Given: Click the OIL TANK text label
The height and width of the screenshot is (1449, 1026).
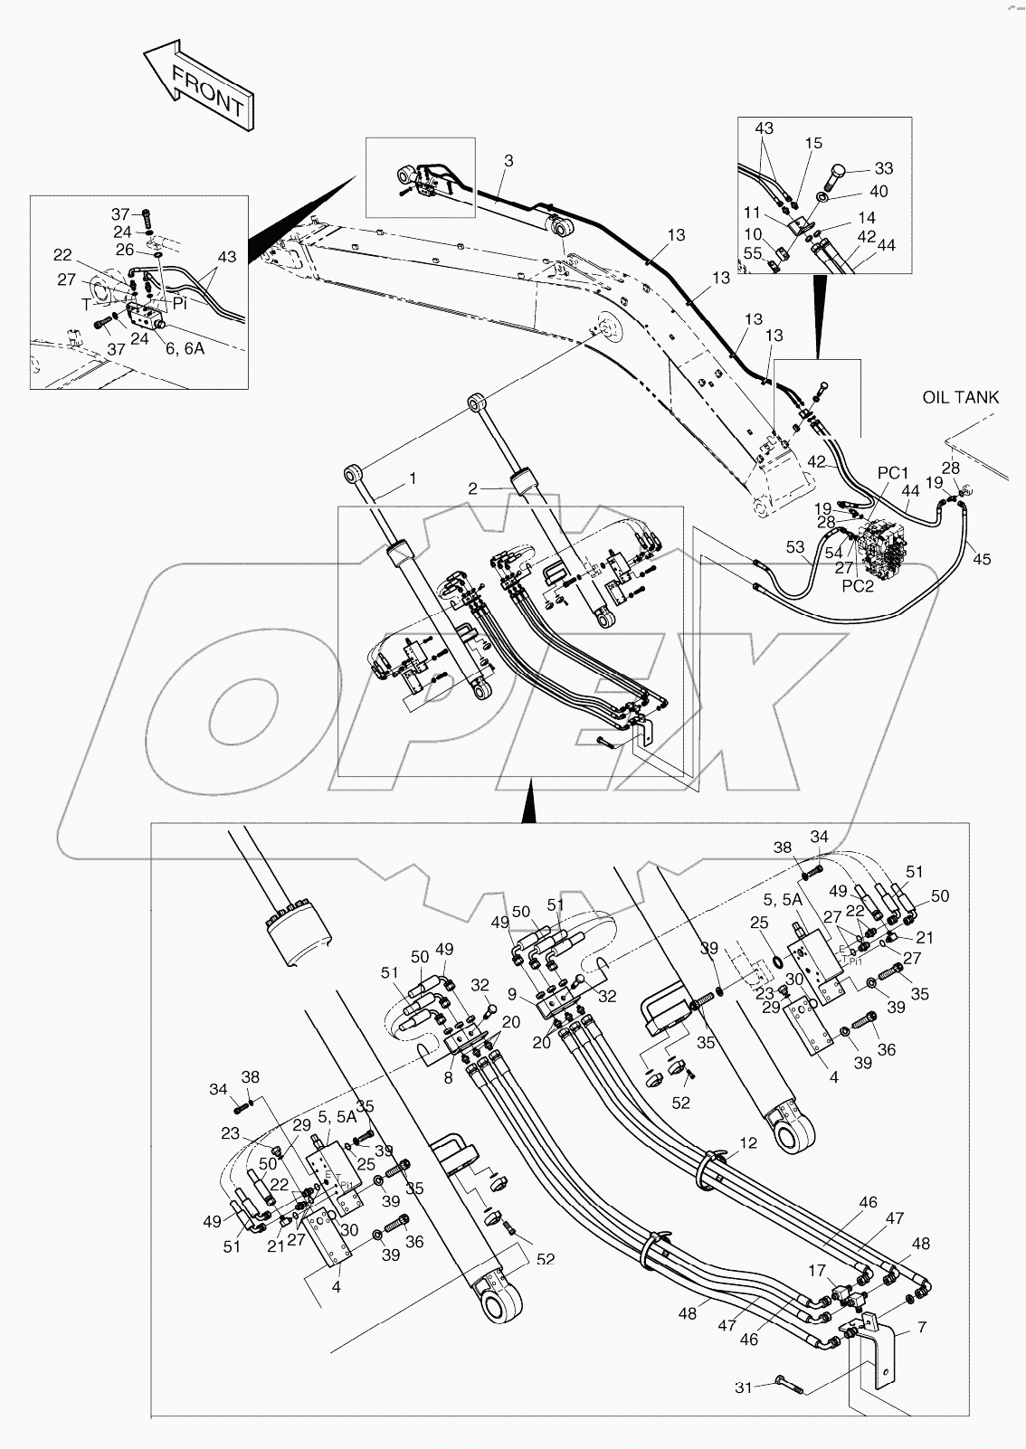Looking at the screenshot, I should [961, 397].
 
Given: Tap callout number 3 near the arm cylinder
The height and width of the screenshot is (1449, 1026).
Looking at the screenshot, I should [508, 161].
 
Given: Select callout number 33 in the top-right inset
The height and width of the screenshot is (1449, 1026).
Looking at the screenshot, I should [883, 168].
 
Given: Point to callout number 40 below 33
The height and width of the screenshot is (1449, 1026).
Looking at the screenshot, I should [879, 192].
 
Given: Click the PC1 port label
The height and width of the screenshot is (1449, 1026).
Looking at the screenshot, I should [892, 473].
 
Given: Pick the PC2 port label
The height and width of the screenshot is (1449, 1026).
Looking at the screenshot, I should [857, 585].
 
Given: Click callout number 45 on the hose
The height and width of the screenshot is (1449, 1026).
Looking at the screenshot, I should [982, 560].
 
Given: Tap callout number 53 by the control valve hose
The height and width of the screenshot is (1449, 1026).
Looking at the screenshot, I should [794, 546].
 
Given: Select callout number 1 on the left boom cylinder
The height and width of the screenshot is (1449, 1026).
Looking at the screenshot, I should [413, 478].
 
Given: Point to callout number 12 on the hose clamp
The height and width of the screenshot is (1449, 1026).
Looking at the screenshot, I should [747, 1143].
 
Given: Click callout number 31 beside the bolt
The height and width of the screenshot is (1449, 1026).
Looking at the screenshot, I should [743, 1387].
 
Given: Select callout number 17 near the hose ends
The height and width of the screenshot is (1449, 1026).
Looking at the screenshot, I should [818, 1271].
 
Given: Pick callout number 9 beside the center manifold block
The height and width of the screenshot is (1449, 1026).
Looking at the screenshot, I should [512, 994].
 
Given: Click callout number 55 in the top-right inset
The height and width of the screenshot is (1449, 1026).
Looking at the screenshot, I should [753, 255].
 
